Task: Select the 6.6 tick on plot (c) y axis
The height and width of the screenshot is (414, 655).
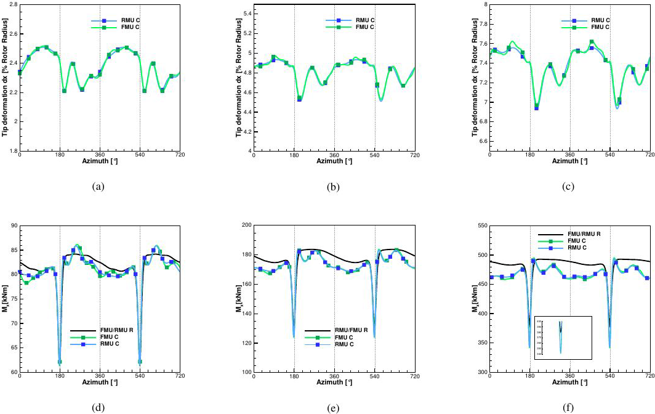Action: click(482, 142)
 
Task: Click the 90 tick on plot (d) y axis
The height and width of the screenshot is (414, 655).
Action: click(13, 225)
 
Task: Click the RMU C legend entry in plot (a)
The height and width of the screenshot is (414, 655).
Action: click(112, 20)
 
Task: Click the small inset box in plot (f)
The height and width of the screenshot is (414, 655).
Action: click(563, 338)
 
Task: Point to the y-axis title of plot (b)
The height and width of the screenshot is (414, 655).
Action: click(239, 77)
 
